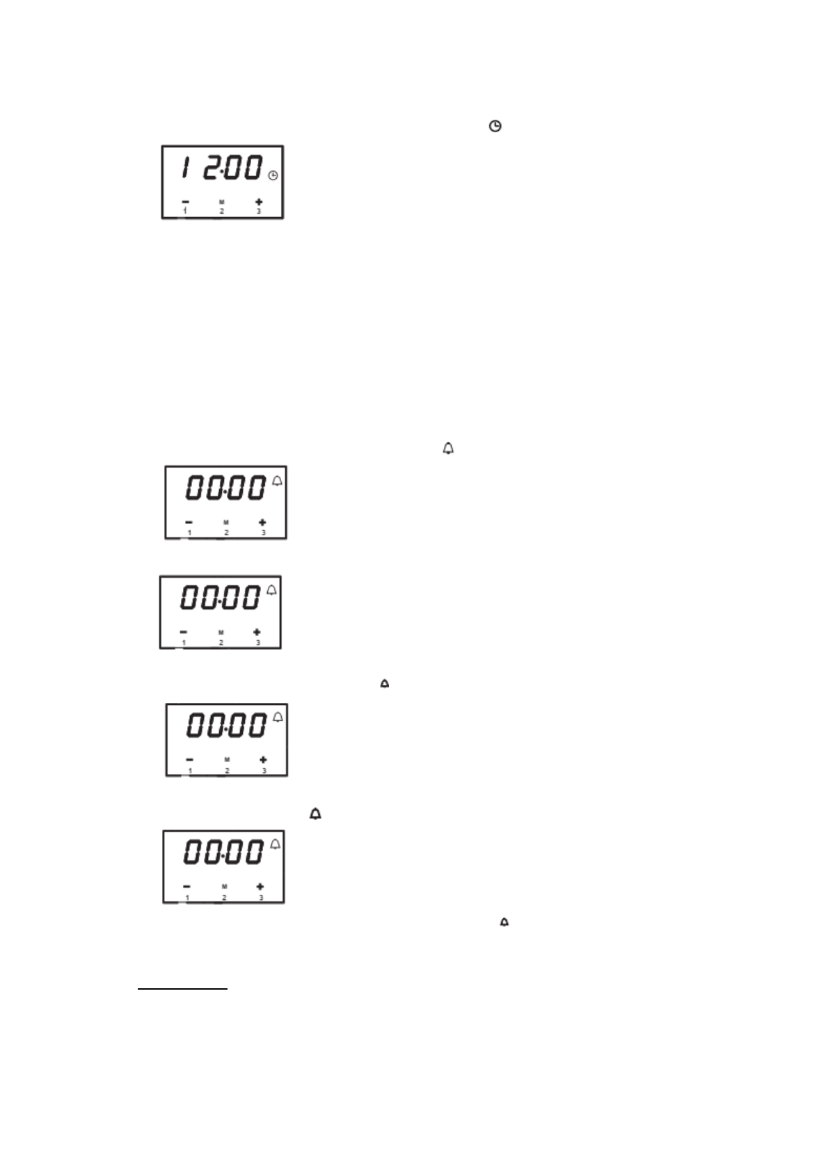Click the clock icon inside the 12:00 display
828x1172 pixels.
(x=273, y=176)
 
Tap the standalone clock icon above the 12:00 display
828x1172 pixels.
(x=495, y=126)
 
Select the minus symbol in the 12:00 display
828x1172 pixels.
(x=185, y=202)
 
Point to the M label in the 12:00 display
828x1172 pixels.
(x=222, y=202)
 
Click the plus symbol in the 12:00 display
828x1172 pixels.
(x=259, y=202)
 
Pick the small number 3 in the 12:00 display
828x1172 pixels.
(x=259, y=211)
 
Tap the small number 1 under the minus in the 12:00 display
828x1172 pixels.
(x=185, y=211)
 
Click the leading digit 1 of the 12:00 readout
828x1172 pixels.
(x=184, y=168)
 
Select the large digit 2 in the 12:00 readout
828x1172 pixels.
(x=211, y=168)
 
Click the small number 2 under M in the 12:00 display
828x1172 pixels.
(x=222, y=211)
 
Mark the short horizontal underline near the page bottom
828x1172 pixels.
(x=182, y=988)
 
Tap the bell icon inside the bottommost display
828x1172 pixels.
(x=276, y=844)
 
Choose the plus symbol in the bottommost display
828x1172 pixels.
(x=260, y=887)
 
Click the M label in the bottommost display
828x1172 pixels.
(x=224, y=887)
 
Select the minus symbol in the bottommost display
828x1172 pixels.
(x=186, y=887)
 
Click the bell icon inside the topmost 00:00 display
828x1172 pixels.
(x=278, y=481)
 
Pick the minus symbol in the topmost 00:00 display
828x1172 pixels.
(x=189, y=522)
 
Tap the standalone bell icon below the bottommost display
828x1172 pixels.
(x=504, y=922)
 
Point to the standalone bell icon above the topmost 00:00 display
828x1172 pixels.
(x=448, y=449)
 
